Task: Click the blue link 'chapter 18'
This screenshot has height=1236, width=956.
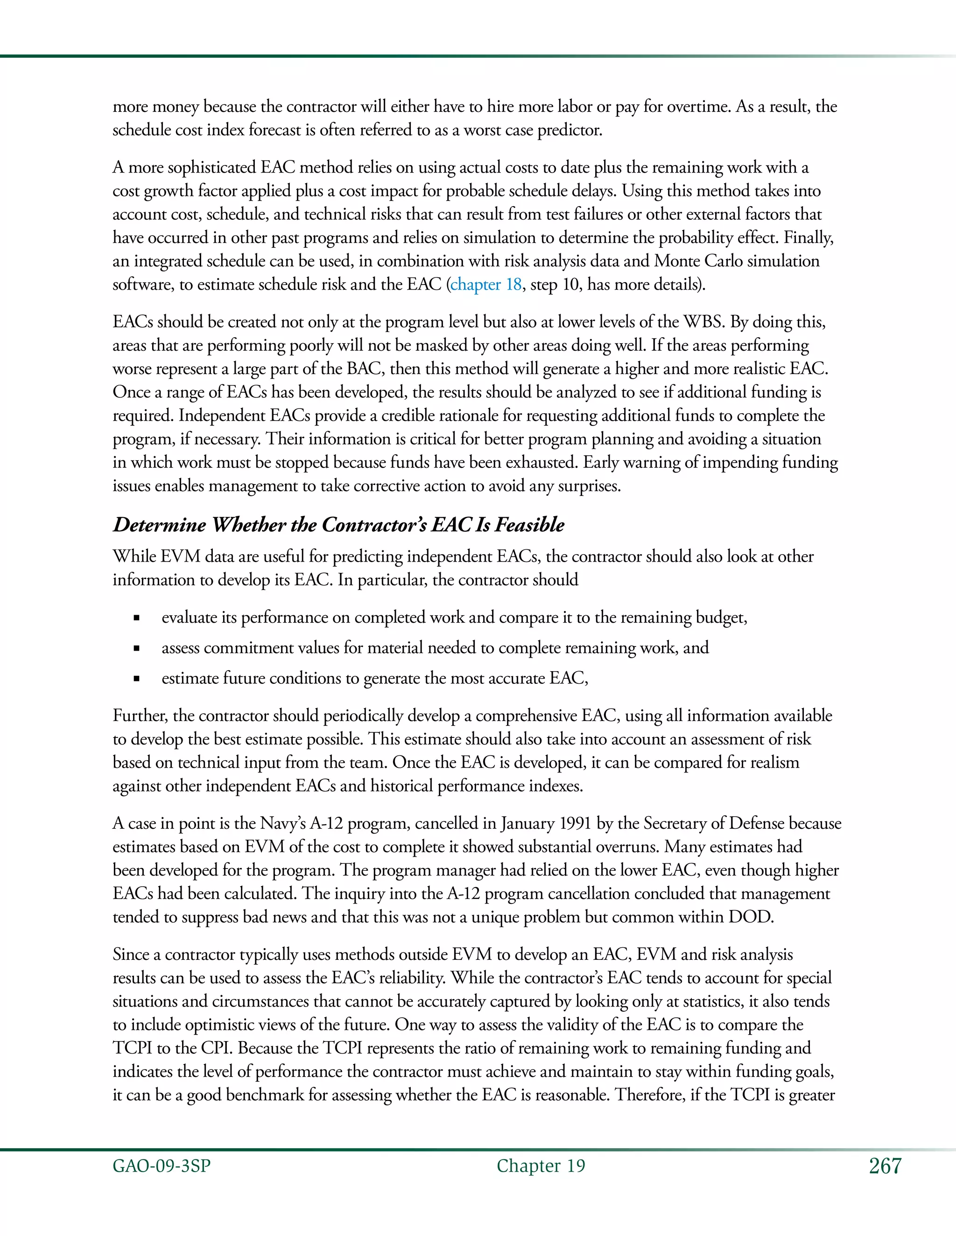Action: (485, 284)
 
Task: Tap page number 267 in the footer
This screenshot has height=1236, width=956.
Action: (885, 1166)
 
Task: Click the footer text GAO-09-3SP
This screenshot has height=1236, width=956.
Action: (162, 1166)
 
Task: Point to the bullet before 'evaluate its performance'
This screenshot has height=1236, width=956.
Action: (136, 618)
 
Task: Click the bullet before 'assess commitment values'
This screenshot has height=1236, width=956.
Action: (136, 649)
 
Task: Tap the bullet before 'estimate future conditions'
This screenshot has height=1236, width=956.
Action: (136, 680)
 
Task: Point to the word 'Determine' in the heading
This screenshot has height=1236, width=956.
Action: (159, 525)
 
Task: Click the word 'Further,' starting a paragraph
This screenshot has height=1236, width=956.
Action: (140, 716)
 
